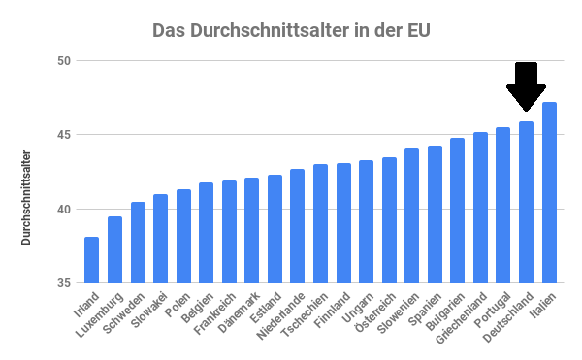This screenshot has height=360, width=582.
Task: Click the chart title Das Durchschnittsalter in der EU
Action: click(x=291, y=30)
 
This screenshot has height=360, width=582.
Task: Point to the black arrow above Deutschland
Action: click(x=526, y=85)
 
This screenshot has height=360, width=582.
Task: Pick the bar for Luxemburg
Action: click(x=114, y=249)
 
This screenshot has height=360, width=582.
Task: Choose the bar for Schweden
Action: click(x=138, y=243)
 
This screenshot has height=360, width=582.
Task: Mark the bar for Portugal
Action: click(x=502, y=205)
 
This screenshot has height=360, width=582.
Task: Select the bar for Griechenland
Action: click(x=480, y=208)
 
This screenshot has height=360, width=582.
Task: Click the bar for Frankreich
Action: click(x=229, y=232)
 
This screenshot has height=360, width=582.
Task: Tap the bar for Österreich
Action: click(x=389, y=220)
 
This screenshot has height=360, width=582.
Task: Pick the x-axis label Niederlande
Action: click(x=281, y=314)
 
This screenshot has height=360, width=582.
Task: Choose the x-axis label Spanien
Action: click(x=426, y=307)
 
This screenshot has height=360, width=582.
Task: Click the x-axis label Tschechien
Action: click(x=305, y=313)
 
